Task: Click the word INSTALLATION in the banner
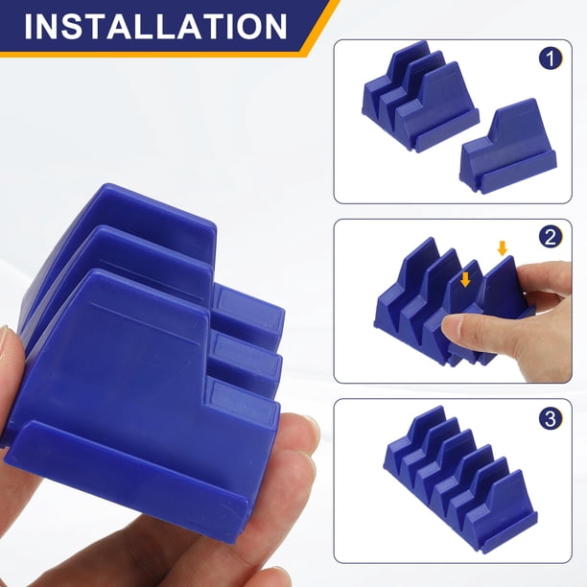155,26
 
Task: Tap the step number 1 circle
551,59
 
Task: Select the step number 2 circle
551,237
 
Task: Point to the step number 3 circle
551,418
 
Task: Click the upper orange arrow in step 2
502,248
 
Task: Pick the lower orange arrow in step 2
465,279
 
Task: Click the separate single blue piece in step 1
508,146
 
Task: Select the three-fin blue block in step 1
420,97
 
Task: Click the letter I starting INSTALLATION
28,27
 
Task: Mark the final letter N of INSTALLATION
275,27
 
